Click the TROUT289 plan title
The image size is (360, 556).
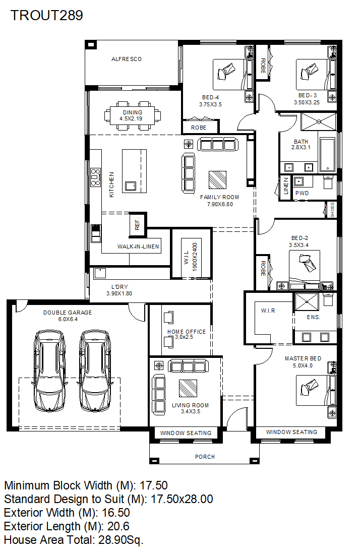coord(47,15)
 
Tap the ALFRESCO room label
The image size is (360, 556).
coord(126,59)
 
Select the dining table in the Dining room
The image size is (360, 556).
coord(132,115)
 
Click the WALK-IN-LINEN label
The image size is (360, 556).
coord(138,246)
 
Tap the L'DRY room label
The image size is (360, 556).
coord(119,287)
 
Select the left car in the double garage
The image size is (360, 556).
coord(49,370)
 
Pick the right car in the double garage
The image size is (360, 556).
coord(95,370)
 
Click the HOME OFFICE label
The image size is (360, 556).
coord(187,332)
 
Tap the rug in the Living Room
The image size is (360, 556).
coord(188,388)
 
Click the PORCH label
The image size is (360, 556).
coord(205,457)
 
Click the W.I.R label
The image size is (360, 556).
coord(268,311)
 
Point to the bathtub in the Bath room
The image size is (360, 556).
coord(327,155)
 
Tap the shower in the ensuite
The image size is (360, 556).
coord(307,302)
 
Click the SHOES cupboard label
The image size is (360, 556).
coord(332,210)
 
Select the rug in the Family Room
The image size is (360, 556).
coord(217,180)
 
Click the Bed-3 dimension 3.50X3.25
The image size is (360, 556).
coord(307,102)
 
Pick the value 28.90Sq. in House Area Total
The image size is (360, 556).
coord(121,540)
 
